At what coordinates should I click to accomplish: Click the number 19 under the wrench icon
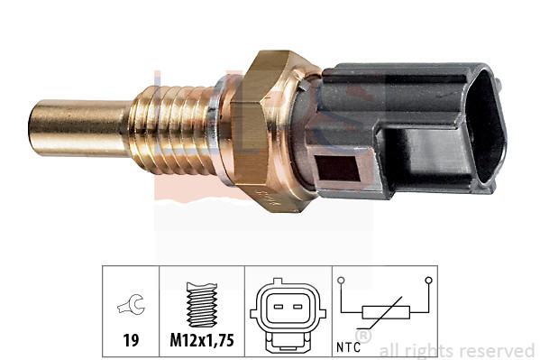(130, 342)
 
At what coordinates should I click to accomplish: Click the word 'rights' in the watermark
(435, 350)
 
